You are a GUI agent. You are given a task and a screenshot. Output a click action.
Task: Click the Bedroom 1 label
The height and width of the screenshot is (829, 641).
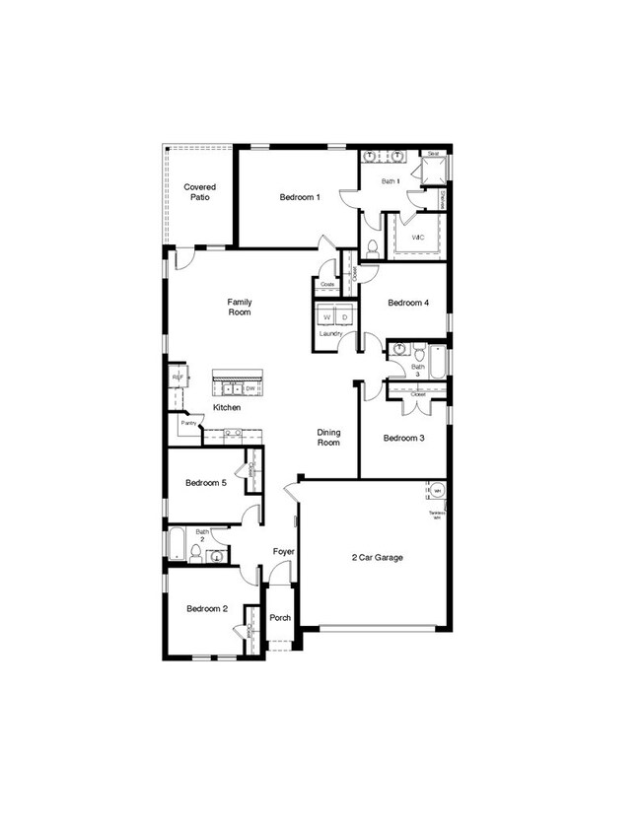pyautogui.click(x=300, y=197)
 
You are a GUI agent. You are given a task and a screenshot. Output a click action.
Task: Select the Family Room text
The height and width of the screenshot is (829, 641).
pyautogui.click(x=239, y=307)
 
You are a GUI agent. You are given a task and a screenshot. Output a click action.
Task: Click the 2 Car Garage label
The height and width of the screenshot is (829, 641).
pyautogui.click(x=378, y=558)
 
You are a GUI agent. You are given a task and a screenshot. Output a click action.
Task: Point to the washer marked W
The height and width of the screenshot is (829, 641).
pyautogui.click(x=326, y=317)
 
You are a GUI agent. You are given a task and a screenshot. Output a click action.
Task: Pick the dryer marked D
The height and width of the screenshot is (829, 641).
pyautogui.click(x=344, y=317)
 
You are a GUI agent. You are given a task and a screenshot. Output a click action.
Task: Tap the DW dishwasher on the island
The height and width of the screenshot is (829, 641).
pyautogui.click(x=250, y=388)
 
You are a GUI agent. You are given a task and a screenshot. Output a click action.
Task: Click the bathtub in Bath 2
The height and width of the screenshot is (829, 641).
pyautogui.click(x=175, y=544)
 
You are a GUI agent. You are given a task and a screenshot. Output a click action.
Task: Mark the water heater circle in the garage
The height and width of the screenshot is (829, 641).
pyautogui.click(x=436, y=491)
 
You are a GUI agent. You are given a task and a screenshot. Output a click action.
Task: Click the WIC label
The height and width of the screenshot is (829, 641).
pyautogui.click(x=418, y=239)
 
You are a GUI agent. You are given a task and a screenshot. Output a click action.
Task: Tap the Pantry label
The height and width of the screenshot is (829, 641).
pyautogui.click(x=186, y=424)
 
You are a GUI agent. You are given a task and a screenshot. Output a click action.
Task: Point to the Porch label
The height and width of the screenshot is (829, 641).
pyautogui.click(x=280, y=618)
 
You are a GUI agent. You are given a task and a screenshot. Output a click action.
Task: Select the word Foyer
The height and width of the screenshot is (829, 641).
pyautogui.click(x=284, y=552)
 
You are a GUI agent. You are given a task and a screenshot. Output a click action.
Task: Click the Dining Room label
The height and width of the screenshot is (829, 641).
pyautogui.click(x=328, y=437)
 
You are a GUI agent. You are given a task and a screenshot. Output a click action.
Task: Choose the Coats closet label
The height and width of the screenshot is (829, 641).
pyautogui.click(x=326, y=285)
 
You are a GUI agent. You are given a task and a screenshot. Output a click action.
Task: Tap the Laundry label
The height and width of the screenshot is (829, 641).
pyautogui.click(x=330, y=334)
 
